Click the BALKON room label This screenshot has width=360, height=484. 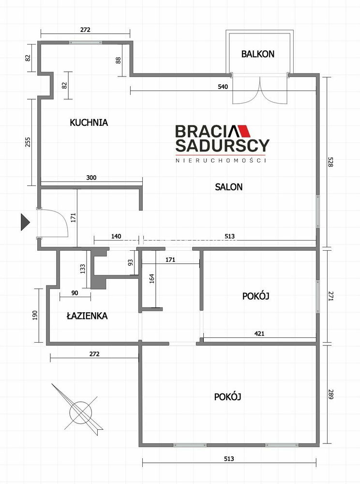(257, 54)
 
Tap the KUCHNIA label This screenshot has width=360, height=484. (89, 122)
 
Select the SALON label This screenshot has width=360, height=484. (228, 187)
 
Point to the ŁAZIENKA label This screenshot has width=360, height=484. (87, 316)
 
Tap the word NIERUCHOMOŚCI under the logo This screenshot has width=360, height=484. (221, 160)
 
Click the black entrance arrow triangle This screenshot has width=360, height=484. (25, 222)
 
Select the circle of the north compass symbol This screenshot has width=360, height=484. (81, 412)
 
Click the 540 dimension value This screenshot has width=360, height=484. (223, 87)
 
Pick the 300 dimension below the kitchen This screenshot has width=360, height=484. (91, 178)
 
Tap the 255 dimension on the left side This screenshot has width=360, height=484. (28, 142)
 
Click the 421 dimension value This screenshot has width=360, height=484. (259, 333)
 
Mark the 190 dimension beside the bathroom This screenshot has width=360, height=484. (34, 315)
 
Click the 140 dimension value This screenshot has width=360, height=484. (116, 236)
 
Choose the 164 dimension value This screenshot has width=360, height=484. (151, 278)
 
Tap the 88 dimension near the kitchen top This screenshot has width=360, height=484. (118, 60)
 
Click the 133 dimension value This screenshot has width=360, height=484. (82, 269)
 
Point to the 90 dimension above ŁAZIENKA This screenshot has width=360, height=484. (75, 293)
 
